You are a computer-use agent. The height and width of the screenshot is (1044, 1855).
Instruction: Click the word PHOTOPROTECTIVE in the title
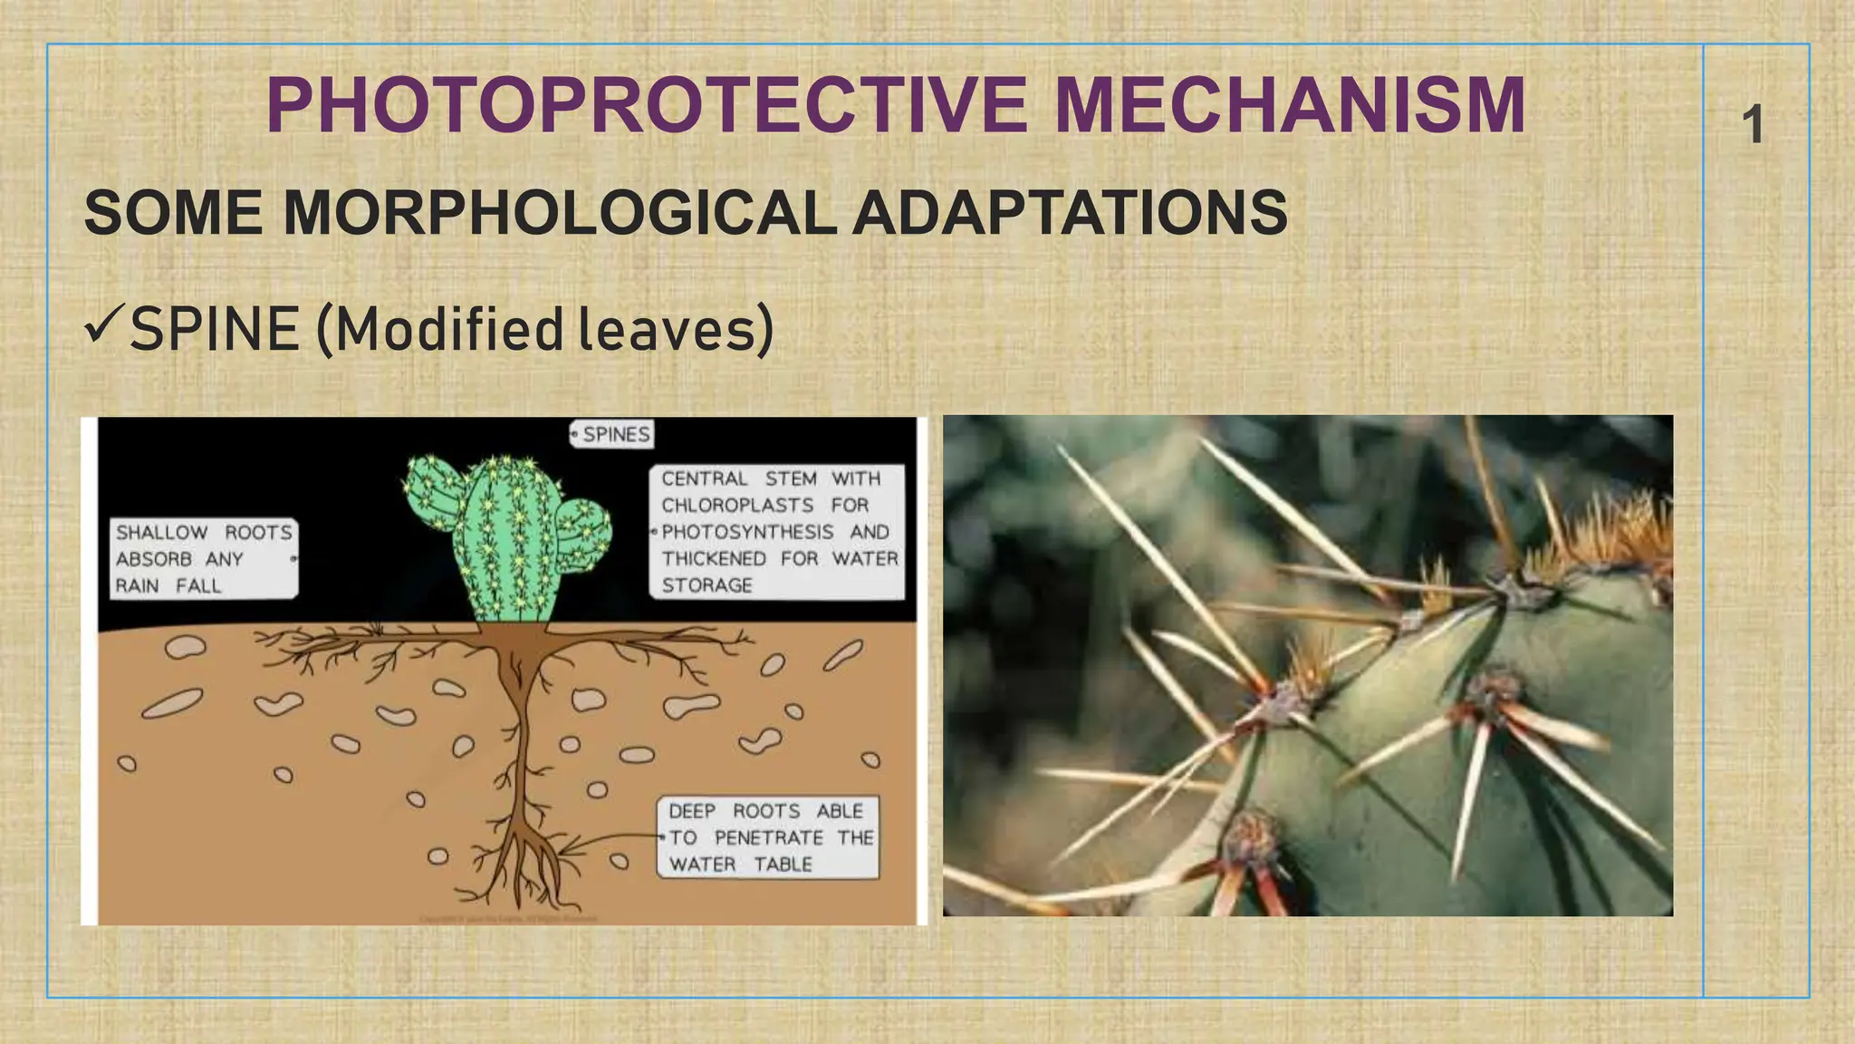point(647,107)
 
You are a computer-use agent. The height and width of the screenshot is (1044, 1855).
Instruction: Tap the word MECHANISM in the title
point(1290,107)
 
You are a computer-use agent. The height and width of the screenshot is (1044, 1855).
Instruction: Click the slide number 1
point(1754,125)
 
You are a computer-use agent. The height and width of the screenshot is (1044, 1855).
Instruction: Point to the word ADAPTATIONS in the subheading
point(1069,214)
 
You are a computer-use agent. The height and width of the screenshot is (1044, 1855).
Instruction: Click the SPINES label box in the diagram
point(613,434)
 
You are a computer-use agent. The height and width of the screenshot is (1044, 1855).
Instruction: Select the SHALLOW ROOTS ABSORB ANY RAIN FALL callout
point(203,558)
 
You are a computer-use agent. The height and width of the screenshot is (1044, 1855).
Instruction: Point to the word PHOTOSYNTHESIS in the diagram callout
point(746,532)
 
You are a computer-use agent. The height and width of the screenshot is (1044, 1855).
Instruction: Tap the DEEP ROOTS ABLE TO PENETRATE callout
point(768,837)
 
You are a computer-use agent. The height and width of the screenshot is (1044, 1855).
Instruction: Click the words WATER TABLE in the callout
point(740,865)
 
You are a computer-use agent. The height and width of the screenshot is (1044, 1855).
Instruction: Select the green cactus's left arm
point(432,495)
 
